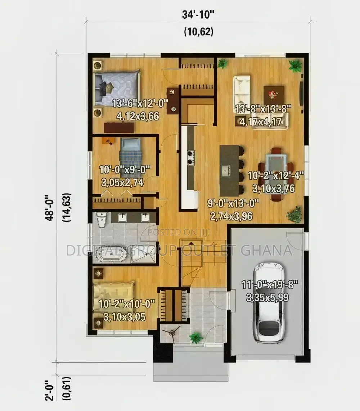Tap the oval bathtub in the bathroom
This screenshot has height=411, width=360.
tap(111, 254)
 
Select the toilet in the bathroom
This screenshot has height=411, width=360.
tap(101, 220)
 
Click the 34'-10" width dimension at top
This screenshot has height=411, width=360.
tap(198, 14)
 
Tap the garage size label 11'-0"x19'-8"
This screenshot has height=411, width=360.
tap(270, 284)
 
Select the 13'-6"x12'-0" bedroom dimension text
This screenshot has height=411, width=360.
tap(140, 103)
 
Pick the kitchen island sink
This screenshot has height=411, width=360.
tap(225, 171)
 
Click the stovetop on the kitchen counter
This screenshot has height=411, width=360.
tap(191, 157)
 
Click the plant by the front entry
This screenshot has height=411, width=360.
tap(196, 338)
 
